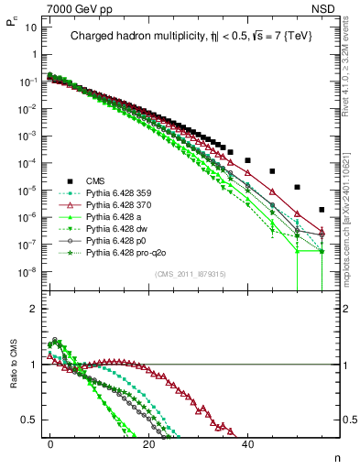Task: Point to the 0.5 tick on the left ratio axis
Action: (27, 420)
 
